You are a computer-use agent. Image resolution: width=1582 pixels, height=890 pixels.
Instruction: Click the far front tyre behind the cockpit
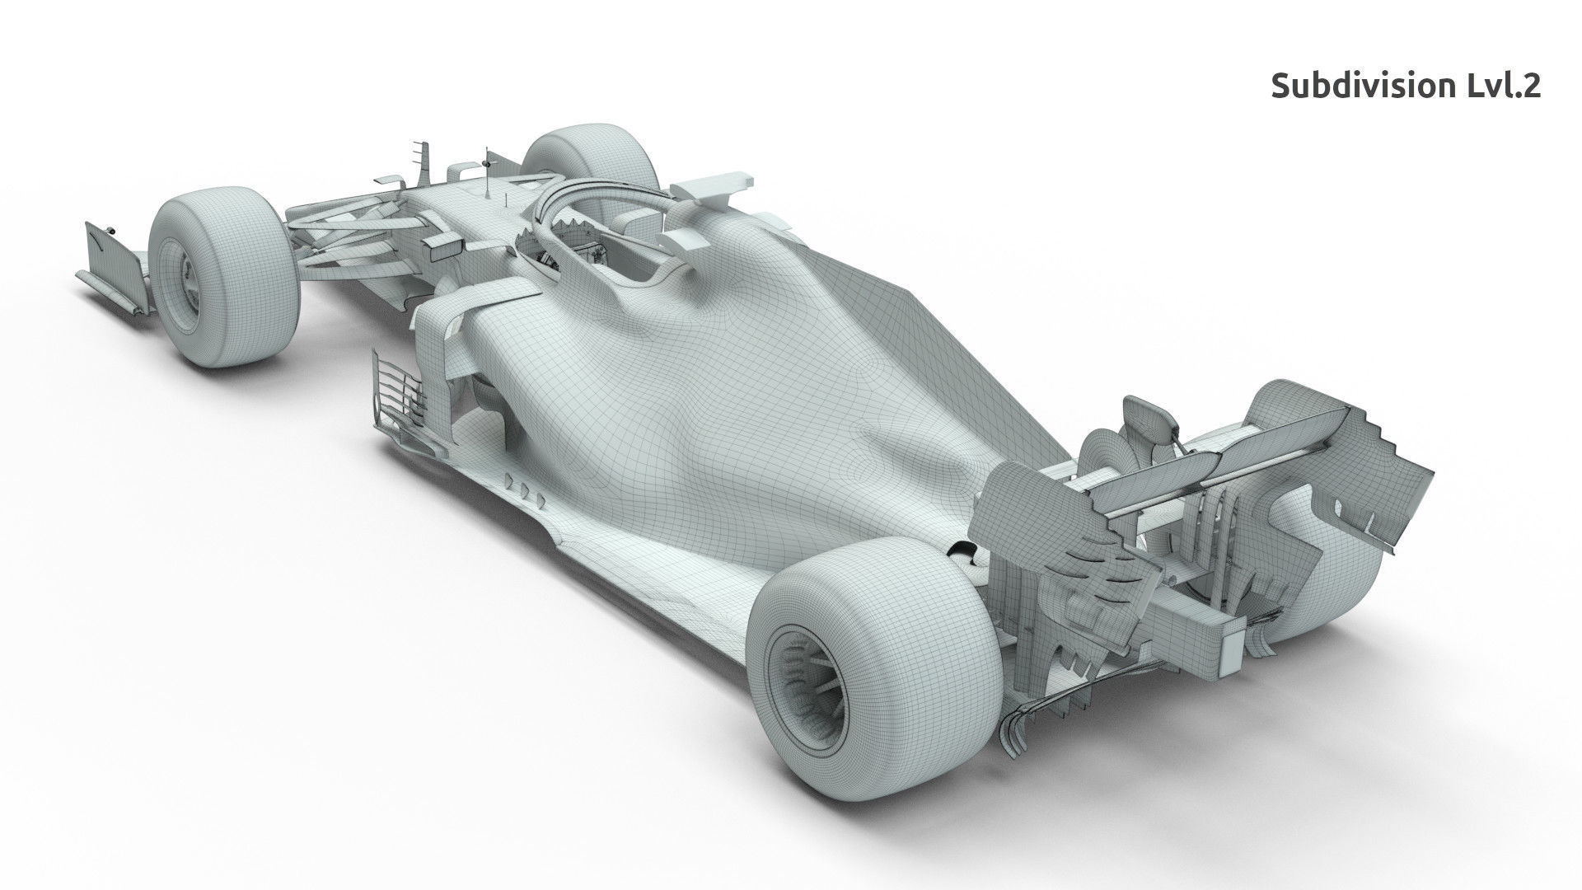(589, 161)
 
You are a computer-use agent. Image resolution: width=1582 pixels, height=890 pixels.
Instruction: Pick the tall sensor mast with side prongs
(424, 161)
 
